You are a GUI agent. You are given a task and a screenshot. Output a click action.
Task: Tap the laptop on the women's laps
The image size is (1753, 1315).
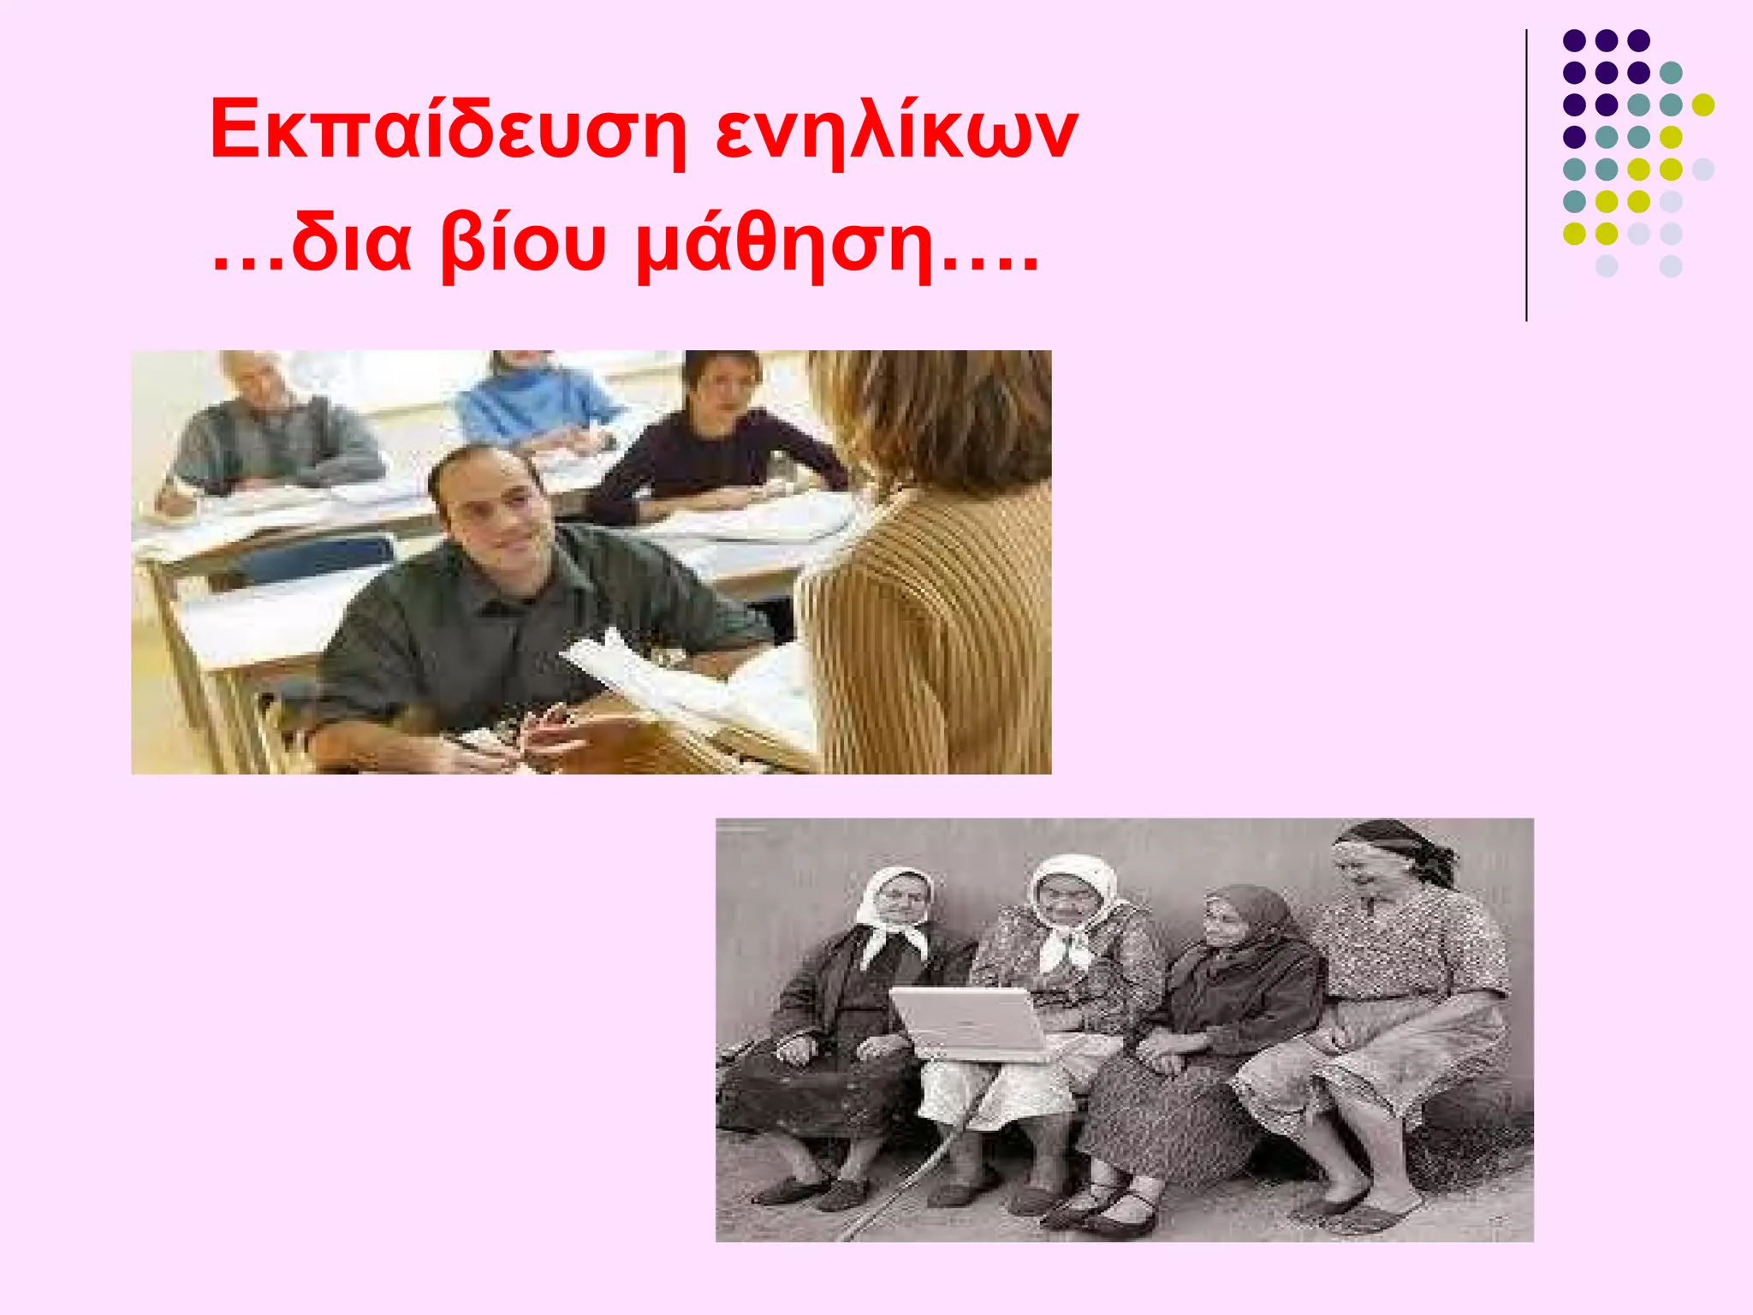point(967,1023)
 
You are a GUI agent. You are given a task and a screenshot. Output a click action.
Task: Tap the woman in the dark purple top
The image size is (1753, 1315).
point(710,445)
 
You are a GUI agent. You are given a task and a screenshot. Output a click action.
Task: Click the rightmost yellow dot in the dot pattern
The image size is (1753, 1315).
point(1703,104)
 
